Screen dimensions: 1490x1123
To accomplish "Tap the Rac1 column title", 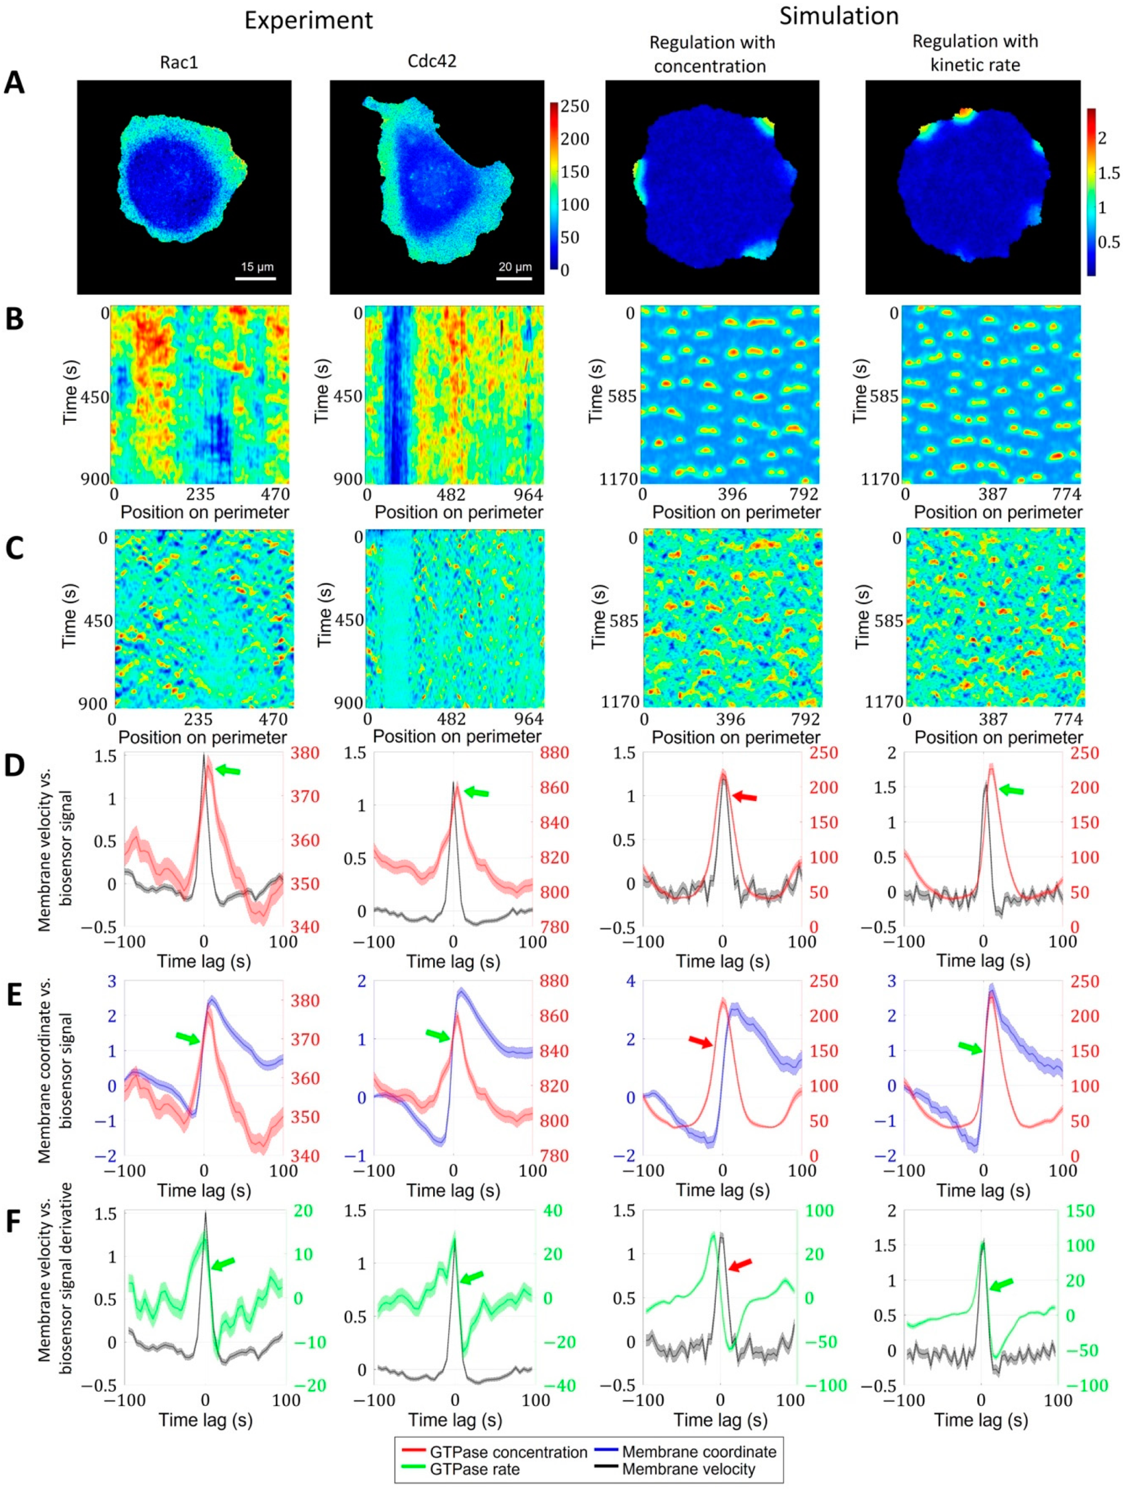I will tap(179, 62).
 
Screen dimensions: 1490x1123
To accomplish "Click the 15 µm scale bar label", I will tap(257, 267).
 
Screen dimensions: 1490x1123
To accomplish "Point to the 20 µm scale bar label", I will tap(514, 267).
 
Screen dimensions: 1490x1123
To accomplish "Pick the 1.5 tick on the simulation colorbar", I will tap(1108, 173).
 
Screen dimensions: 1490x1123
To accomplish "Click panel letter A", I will tap(15, 83).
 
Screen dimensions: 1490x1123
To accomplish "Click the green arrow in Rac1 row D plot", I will tap(227, 770).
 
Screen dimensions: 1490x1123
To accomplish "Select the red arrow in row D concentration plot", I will tap(744, 797).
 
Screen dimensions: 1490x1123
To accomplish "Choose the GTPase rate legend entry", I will tap(474, 1469).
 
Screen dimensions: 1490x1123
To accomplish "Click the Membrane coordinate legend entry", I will tap(698, 1452).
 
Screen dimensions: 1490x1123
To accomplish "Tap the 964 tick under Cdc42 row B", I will tap(528, 495).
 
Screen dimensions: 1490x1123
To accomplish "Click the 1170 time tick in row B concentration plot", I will tap(618, 479).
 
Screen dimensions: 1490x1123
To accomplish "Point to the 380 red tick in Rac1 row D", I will tap(305, 752).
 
